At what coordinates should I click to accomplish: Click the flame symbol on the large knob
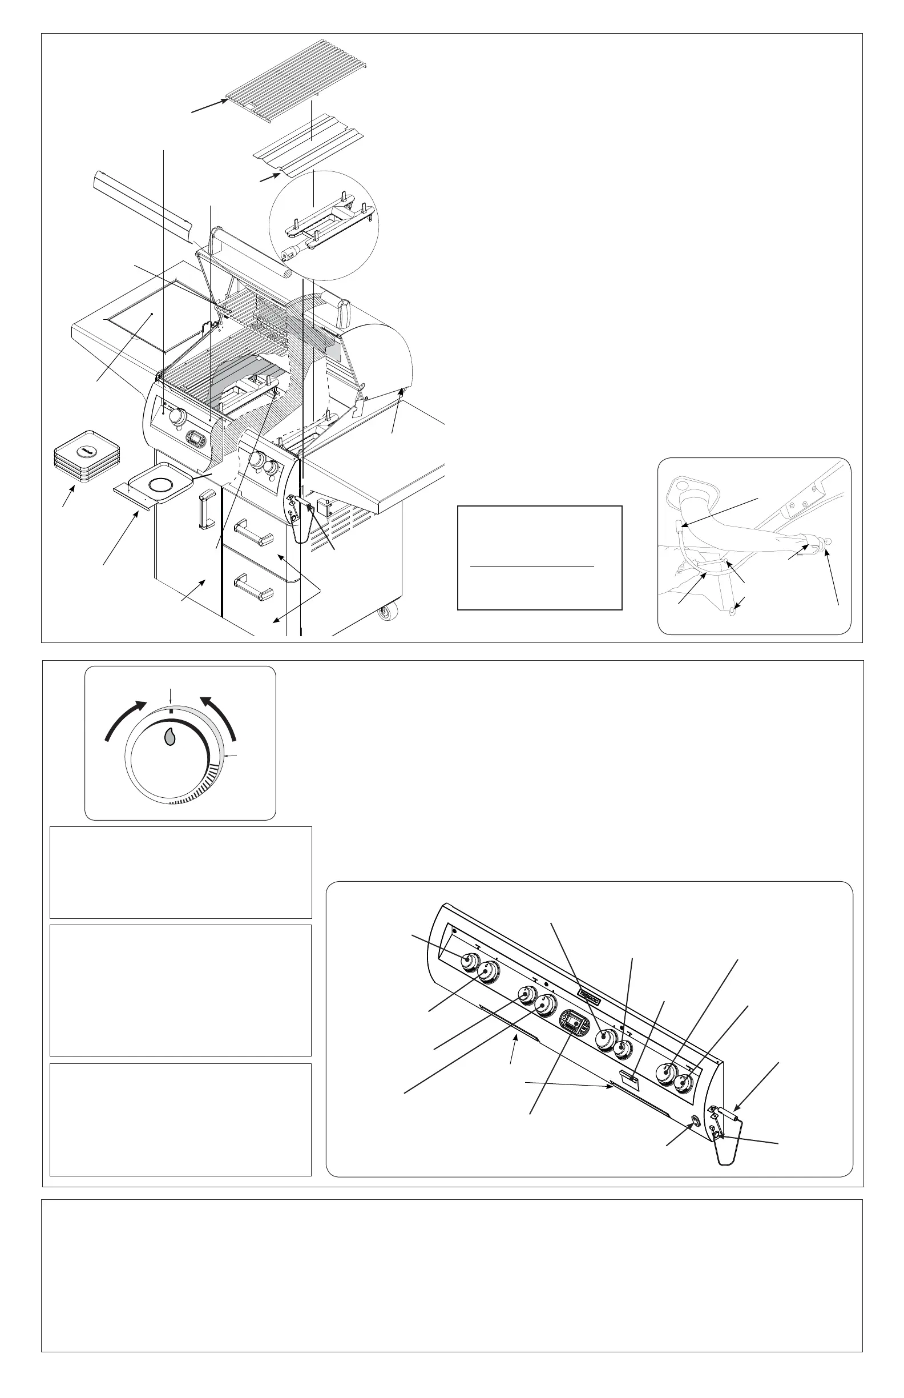point(169,737)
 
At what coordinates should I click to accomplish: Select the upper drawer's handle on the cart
point(255,535)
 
